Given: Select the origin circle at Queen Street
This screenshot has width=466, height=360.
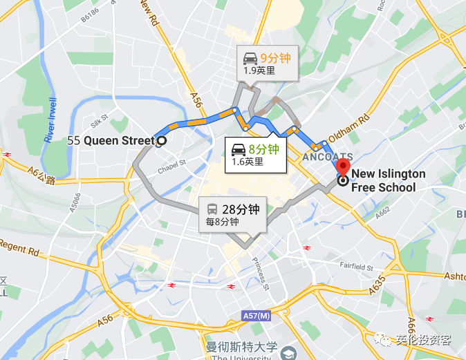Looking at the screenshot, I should [x=161, y=141].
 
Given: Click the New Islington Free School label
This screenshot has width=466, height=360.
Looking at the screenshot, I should [x=388, y=180].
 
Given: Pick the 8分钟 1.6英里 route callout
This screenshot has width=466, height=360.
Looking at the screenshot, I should [x=254, y=154].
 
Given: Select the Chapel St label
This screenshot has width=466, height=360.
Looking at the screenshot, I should [x=173, y=167].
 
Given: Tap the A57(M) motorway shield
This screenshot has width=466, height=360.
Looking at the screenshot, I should [x=257, y=316].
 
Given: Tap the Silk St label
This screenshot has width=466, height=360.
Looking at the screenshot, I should [x=100, y=119].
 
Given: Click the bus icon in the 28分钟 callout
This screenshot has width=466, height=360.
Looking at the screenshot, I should [x=214, y=209].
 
